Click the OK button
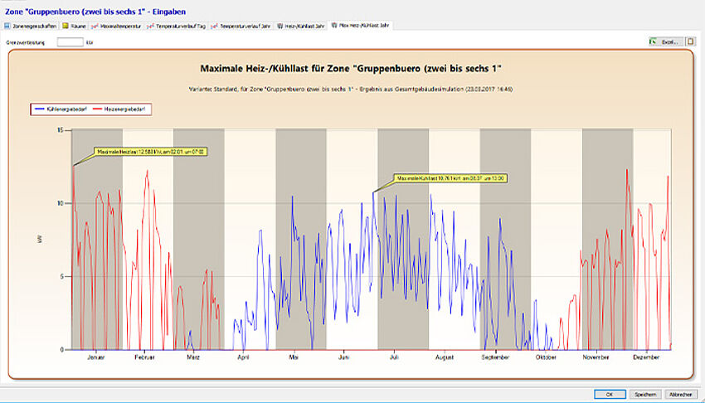point(609,395)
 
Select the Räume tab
point(76,26)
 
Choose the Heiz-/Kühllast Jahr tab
point(301,26)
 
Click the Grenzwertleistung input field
point(70,41)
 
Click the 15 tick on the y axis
point(60,130)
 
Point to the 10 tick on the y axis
point(60,203)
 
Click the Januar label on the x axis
point(96,357)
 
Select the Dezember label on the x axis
point(645,357)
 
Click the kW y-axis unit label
point(40,240)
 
